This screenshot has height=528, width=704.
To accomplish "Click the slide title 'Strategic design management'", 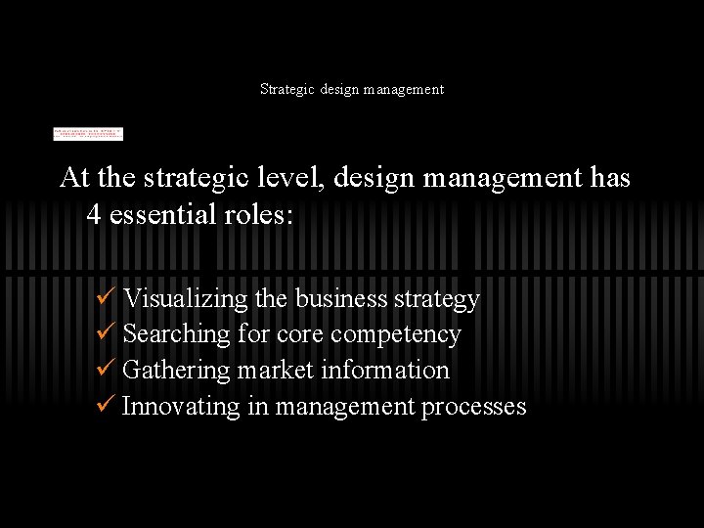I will tap(352, 89).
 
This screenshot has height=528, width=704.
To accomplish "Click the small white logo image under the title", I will tap(88, 133).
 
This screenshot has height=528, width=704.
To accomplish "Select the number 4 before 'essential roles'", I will tap(94, 214).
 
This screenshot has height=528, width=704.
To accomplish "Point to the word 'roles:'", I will tap(261, 214).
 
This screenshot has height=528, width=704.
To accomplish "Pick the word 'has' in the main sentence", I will tap(609, 178).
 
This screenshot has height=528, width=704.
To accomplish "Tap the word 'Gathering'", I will tap(177, 371).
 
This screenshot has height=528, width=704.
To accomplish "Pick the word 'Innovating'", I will tap(181, 407).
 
